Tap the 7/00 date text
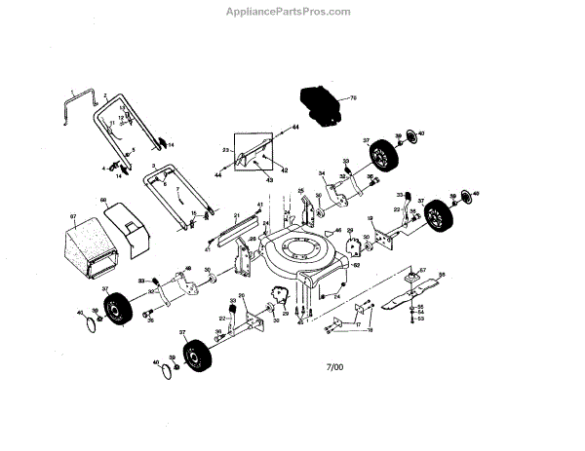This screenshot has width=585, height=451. (336, 366)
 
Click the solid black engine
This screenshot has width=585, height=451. (320, 100)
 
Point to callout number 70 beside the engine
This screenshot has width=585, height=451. (354, 98)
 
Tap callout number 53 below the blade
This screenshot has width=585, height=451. (420, 319)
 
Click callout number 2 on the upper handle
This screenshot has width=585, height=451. (103, 90)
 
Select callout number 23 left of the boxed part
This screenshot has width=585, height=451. (225, 150)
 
